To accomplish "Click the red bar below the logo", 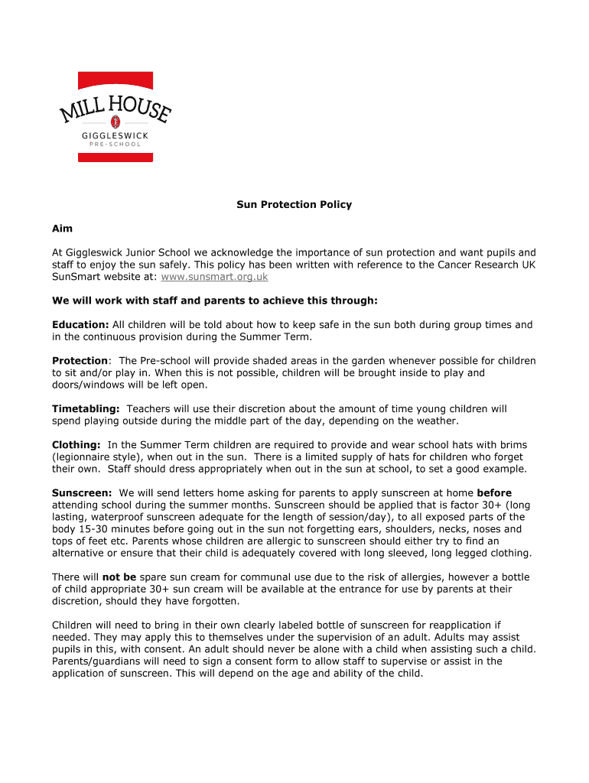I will pos(115,158).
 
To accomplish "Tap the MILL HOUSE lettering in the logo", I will pos(116,107).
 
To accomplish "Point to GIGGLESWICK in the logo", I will pos(116,135).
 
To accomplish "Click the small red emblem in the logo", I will pos(116,121).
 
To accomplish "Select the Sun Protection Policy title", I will pos(294,204).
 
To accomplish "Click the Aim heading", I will pos(62,228).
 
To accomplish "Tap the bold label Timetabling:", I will pos(86,408).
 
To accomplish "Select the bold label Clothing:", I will pos(76,444).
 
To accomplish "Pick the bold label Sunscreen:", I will pos(82,492).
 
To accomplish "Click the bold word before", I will pos(494,492).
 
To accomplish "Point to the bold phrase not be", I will pos(119,577).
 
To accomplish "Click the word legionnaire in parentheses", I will pos(85,456).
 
